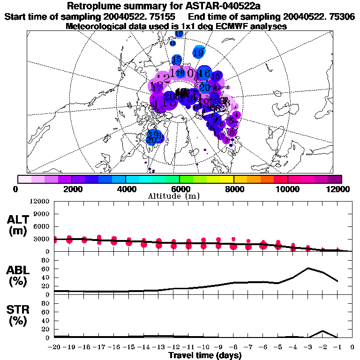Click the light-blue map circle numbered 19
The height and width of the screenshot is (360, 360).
click(199, 52)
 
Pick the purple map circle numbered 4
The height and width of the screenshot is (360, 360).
click(236, 114)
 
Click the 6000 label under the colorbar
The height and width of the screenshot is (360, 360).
click(179, 189)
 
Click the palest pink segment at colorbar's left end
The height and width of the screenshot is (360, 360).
click(24, 179)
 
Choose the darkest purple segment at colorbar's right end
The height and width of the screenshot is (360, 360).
click(334, 179)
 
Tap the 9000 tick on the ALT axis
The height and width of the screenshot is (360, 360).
click(41, 214)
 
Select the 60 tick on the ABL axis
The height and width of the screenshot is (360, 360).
click(46, 269)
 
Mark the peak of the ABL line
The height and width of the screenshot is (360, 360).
click(308, 268)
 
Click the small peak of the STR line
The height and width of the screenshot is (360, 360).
click(322, 331)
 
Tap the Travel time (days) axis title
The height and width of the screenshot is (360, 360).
click(204, 355)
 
